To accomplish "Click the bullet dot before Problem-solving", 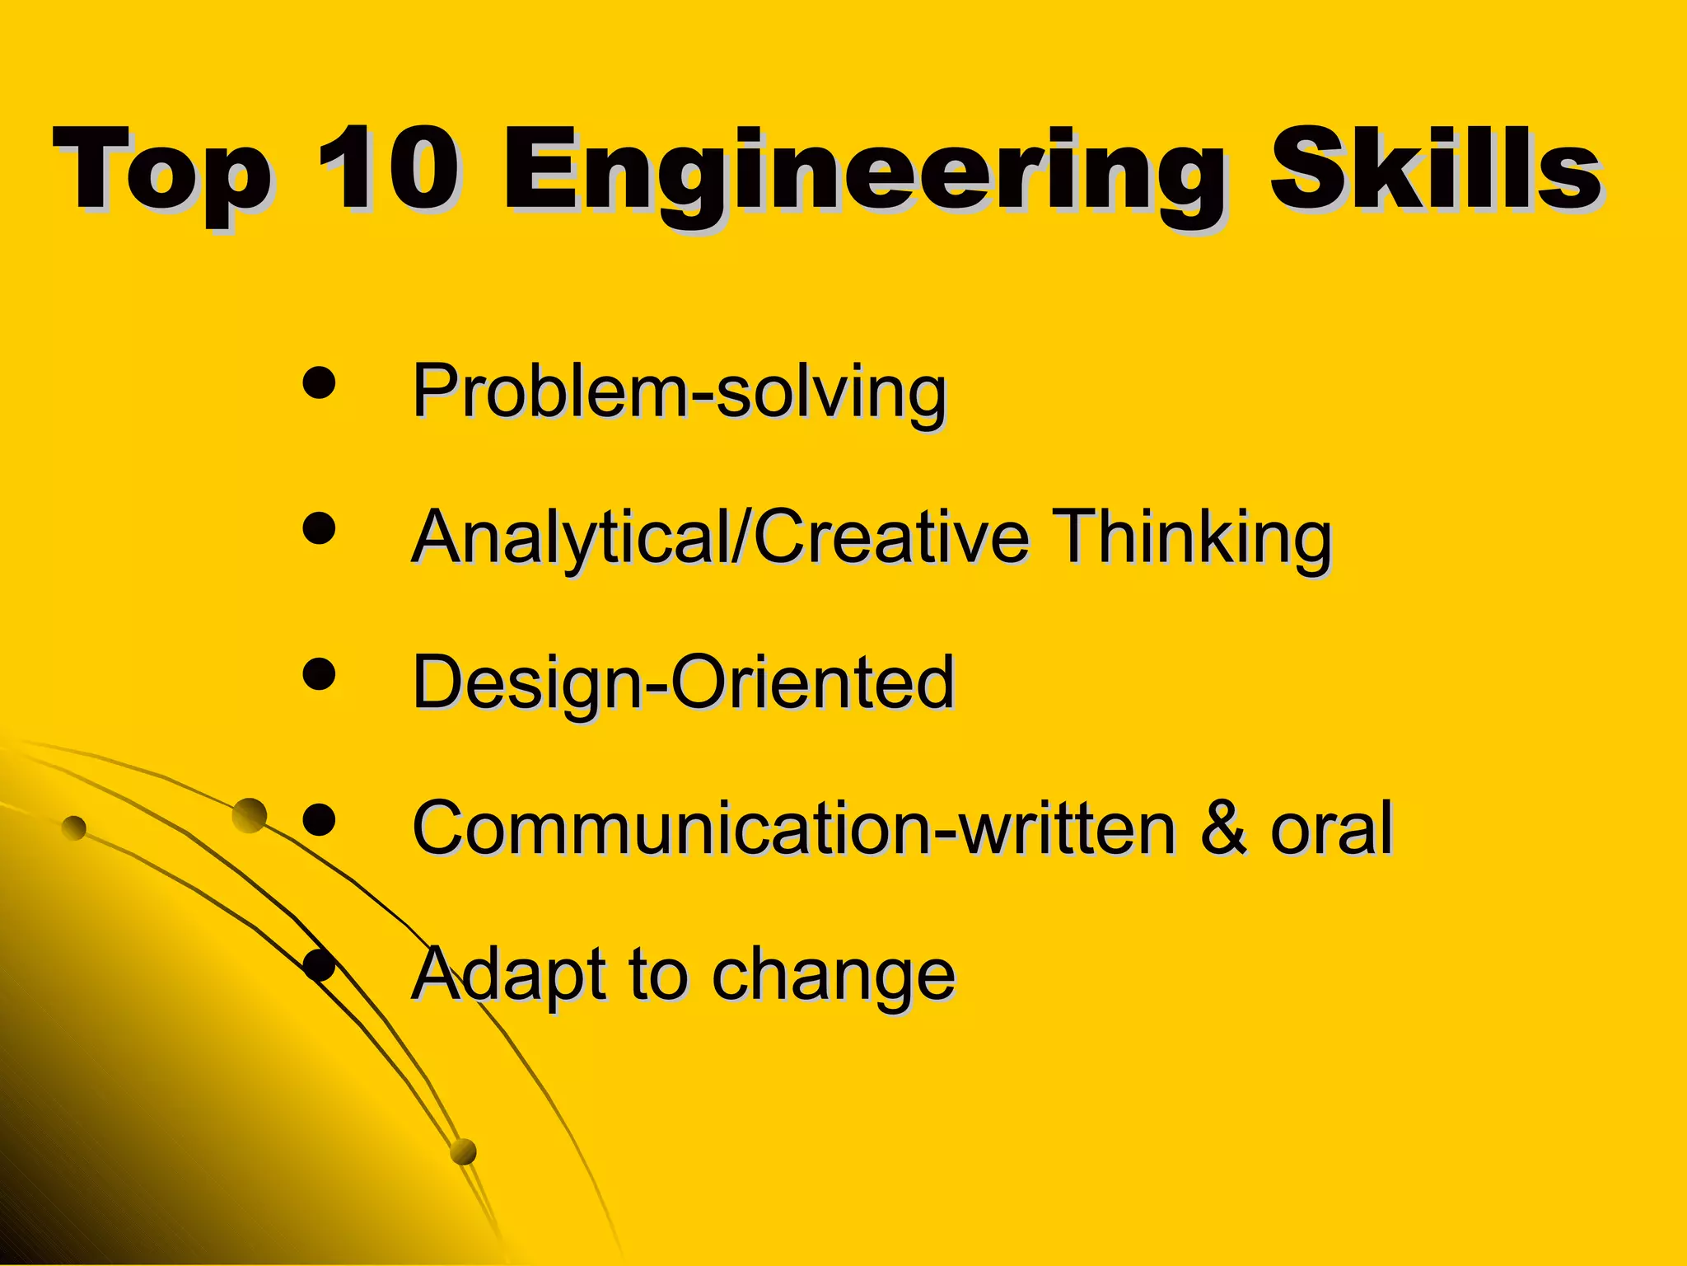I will click(320, 384).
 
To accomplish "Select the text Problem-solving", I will click(680, 391).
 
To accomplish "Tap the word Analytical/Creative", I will click(721, 537).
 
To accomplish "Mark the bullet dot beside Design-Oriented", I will click(320, 674).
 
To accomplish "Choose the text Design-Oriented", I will click(684, 682).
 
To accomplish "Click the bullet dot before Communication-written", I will click(320, 819).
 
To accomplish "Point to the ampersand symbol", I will click(1223, 828).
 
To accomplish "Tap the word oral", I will click(1331, 828).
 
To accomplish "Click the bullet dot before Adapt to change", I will click(320, 965).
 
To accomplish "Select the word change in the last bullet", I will click(833, 976).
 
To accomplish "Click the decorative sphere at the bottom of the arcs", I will click(464, 1151).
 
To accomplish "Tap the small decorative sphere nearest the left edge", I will click(74, 828).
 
